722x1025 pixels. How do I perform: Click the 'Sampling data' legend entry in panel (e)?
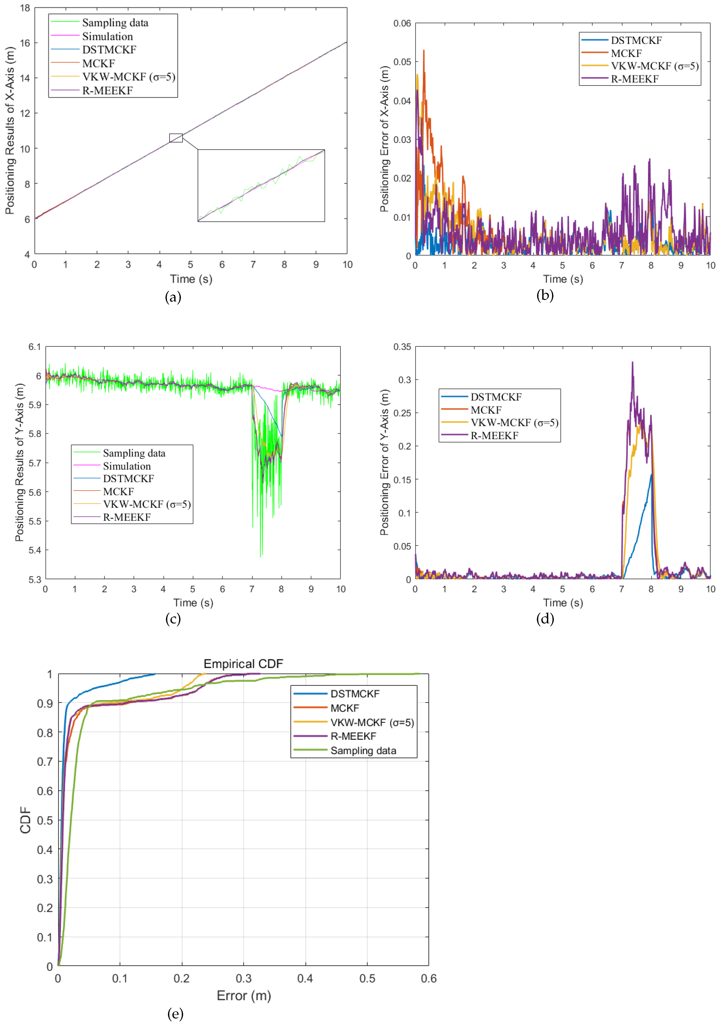(x=363, y=751)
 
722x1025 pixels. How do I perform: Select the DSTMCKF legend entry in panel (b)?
(x=636, y=40)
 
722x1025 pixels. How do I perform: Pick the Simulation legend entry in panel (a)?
(x=107, y=36)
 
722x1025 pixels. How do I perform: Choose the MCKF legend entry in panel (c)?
(x=118, y=491)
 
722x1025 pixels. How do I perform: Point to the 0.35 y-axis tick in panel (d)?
(x=402, y=347)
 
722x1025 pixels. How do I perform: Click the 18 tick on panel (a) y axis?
(x=25, y=8)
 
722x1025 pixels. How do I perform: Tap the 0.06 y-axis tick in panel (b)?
(x=402, y=23)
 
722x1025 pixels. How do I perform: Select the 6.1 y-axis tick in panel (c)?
(x=34, y=347)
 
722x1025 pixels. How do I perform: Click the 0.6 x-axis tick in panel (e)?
(x=428, y=979)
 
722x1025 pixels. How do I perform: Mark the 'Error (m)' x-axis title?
(x=244, y=996)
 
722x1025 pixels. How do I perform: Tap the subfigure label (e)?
(x=175, y=1014)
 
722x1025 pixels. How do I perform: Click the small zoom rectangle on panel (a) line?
(x=176, y=138)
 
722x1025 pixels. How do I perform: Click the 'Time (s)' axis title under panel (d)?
(x=563, y=603)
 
